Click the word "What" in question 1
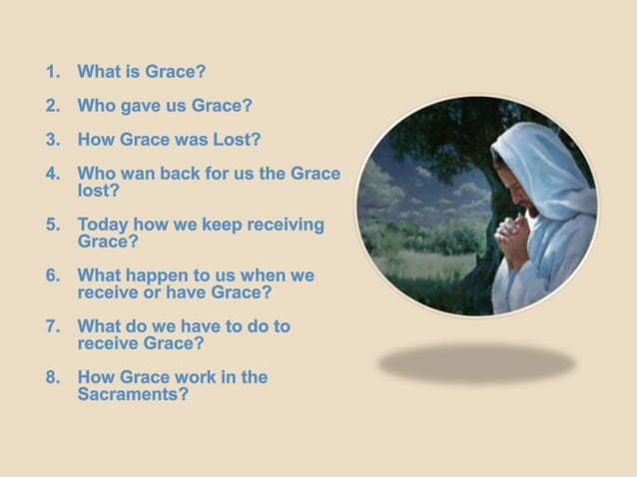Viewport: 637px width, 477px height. [100, 72]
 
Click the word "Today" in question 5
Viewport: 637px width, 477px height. [104, 225]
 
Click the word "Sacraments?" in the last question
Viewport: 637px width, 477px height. [133, 394]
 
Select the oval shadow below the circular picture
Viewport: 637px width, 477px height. [476, 362]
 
